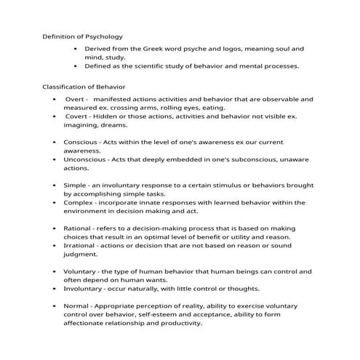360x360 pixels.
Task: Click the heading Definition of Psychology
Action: tap(82, 36)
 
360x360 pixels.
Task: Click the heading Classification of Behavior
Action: tap(84, 87)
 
